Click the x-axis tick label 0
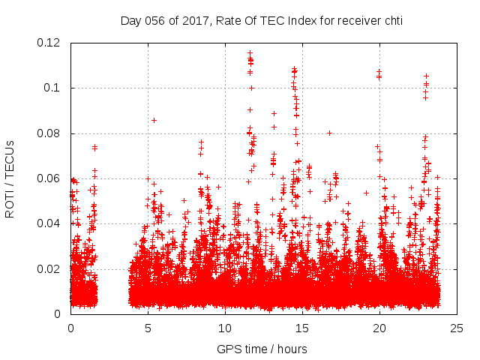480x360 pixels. pos(70,328)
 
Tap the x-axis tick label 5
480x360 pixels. pos(148,328)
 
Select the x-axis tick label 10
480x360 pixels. pos(225,328)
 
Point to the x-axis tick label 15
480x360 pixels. pos(302,328)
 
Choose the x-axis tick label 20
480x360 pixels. pos(379,328)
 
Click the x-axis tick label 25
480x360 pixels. pos(457,328)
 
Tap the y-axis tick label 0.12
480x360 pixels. pos(49,43)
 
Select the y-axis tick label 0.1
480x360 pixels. pos(52,88)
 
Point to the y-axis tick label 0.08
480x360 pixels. pos(49,133)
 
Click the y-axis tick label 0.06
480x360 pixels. pos(49,178)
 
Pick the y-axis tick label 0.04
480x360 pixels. pos(49,223)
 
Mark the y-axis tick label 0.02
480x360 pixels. pos(49,268)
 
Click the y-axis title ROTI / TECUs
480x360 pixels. pos(10,178)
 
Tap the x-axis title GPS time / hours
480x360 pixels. pos(262,349)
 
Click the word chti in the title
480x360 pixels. pos(393,20)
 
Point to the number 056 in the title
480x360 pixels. pos(155,20)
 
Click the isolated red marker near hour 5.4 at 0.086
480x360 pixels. pos(154,120)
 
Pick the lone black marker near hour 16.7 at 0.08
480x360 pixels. pos(329,133)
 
